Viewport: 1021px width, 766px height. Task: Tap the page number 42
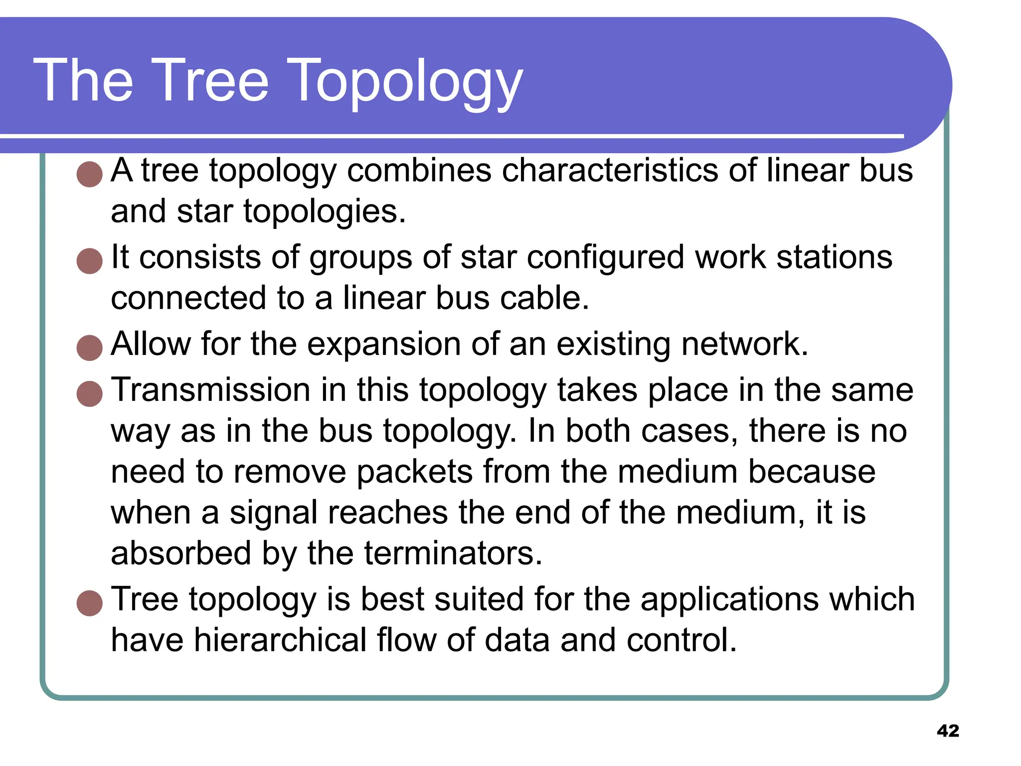coord(948,731)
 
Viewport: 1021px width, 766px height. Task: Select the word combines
coord(419,171)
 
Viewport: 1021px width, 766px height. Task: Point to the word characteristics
coord(610,171)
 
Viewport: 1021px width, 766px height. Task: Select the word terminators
coord(453,554)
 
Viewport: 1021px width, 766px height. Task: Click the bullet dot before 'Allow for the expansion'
coord(90,348)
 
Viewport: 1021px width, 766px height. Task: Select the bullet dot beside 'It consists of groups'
coord(90,261)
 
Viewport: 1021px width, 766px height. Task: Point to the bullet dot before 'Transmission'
coord(90,393)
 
